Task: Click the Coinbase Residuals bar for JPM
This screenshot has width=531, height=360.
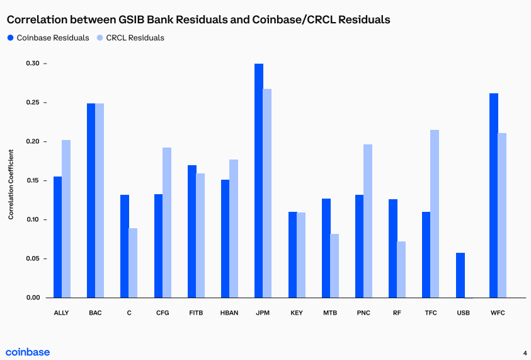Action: [259, 180]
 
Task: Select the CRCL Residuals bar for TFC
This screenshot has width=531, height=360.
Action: [435, 214]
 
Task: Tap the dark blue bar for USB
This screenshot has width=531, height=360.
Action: [460, 275]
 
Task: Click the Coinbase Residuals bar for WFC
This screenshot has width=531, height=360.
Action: [494, 195]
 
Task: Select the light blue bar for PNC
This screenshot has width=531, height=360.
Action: [368, 221]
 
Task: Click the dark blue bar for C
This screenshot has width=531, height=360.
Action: [125, 246]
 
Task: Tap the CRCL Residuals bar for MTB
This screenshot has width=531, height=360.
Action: [334, 265]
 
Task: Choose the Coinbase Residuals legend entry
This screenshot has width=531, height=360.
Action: [48, 38]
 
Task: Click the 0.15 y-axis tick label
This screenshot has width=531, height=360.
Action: [33, 181]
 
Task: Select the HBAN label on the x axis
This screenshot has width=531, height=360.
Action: [229, 313]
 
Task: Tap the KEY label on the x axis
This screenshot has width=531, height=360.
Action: [297, 313]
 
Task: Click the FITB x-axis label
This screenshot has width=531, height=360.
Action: [196, 313]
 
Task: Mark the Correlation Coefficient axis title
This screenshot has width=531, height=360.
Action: [11, 185]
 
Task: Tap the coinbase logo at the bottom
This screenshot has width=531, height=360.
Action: [28, 352]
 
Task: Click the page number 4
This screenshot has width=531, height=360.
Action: [525, 352]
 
